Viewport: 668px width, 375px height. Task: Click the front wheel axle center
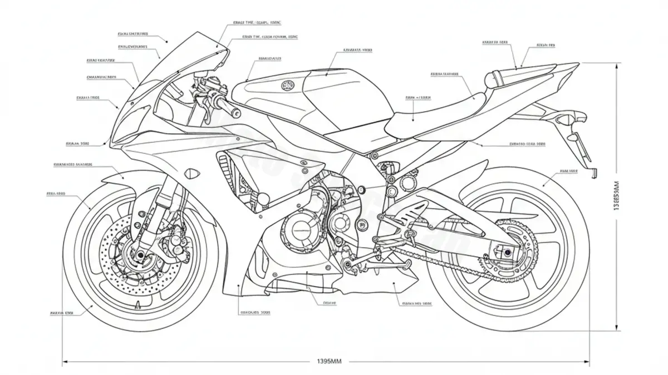click(x=139, y=256)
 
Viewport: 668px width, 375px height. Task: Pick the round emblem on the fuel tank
click(x=288, y=86)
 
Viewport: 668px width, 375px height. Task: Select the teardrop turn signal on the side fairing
click(x=193, y=173)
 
